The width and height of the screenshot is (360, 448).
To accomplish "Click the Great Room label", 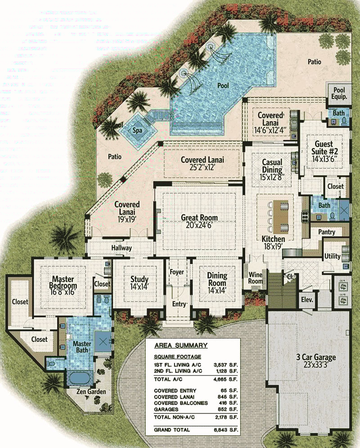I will tap(199, 218).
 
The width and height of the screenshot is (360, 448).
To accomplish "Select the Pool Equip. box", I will tap(340, 93).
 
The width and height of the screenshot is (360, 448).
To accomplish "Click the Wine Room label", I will tap(255, 278).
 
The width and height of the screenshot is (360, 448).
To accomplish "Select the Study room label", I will tap(139, 279).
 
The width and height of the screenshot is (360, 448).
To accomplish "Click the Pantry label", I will tap(326, 232).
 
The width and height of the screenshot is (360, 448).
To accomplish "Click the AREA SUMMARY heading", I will tap(180, 345).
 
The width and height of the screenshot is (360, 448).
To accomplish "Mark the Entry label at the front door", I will tap(179, 304).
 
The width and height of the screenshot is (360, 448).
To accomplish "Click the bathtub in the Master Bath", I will tap(80, 376).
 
